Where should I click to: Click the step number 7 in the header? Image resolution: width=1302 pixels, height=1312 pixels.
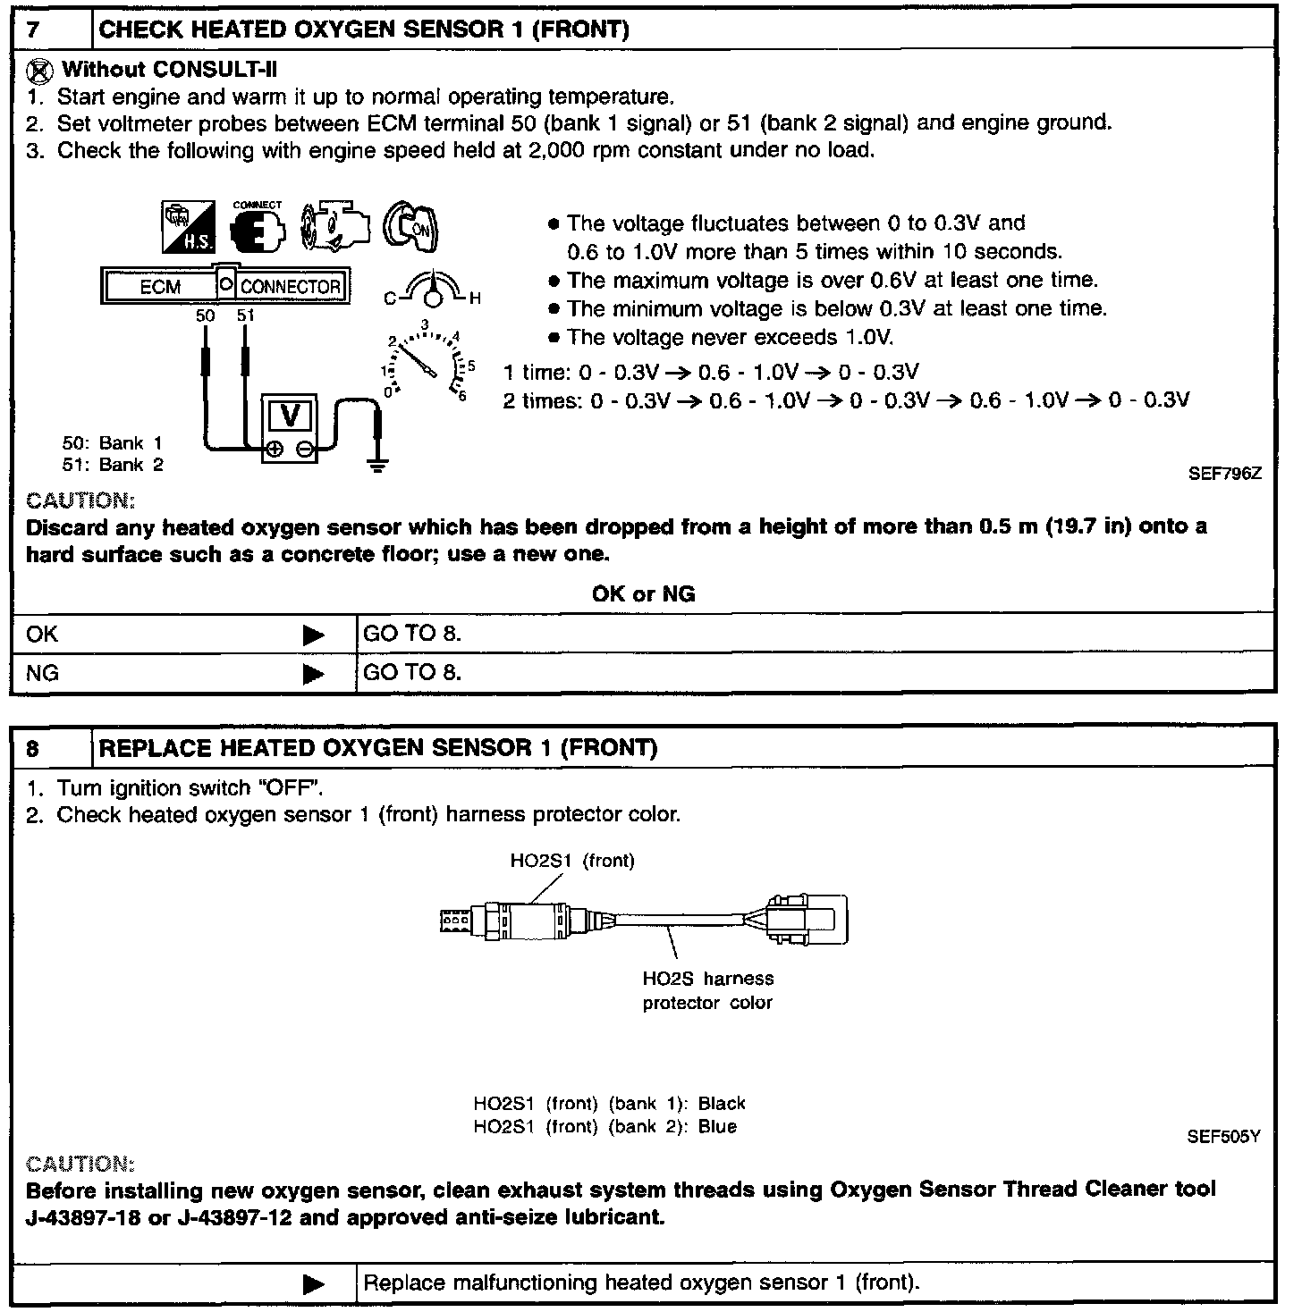point(33,29)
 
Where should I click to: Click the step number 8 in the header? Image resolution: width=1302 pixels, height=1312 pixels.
point(33,747)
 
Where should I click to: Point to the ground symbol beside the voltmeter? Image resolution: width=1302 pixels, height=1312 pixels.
point(379,463)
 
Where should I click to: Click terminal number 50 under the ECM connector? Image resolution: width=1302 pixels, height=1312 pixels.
point(206,315)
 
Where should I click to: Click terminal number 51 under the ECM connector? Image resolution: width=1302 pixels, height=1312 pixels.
point(245,315)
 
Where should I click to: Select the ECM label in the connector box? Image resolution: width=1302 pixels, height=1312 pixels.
point(161,287)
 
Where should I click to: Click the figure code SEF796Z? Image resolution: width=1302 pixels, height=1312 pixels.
point(1224,474)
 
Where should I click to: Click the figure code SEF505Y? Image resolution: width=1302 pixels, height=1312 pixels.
point(1223,1137)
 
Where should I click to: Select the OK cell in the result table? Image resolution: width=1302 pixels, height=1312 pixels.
point(42,634)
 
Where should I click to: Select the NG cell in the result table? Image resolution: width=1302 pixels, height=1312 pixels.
point(42,672)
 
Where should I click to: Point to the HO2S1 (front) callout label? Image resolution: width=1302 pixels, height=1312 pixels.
point(572,861)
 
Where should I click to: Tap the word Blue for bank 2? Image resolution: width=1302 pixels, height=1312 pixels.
point(717,1126)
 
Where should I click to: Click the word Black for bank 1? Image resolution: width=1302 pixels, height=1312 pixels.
point(722,1104)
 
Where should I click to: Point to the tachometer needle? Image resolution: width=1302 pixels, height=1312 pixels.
point(417,360)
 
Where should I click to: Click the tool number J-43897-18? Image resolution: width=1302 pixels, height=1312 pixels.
point(83,1217)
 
